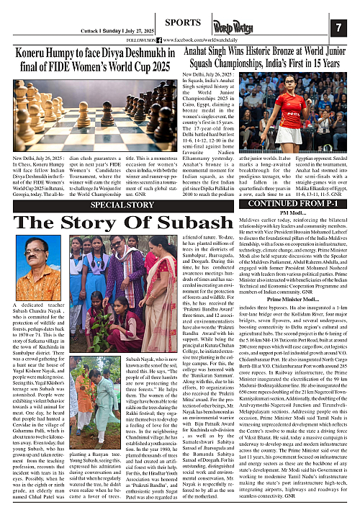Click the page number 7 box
coord(339,27)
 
